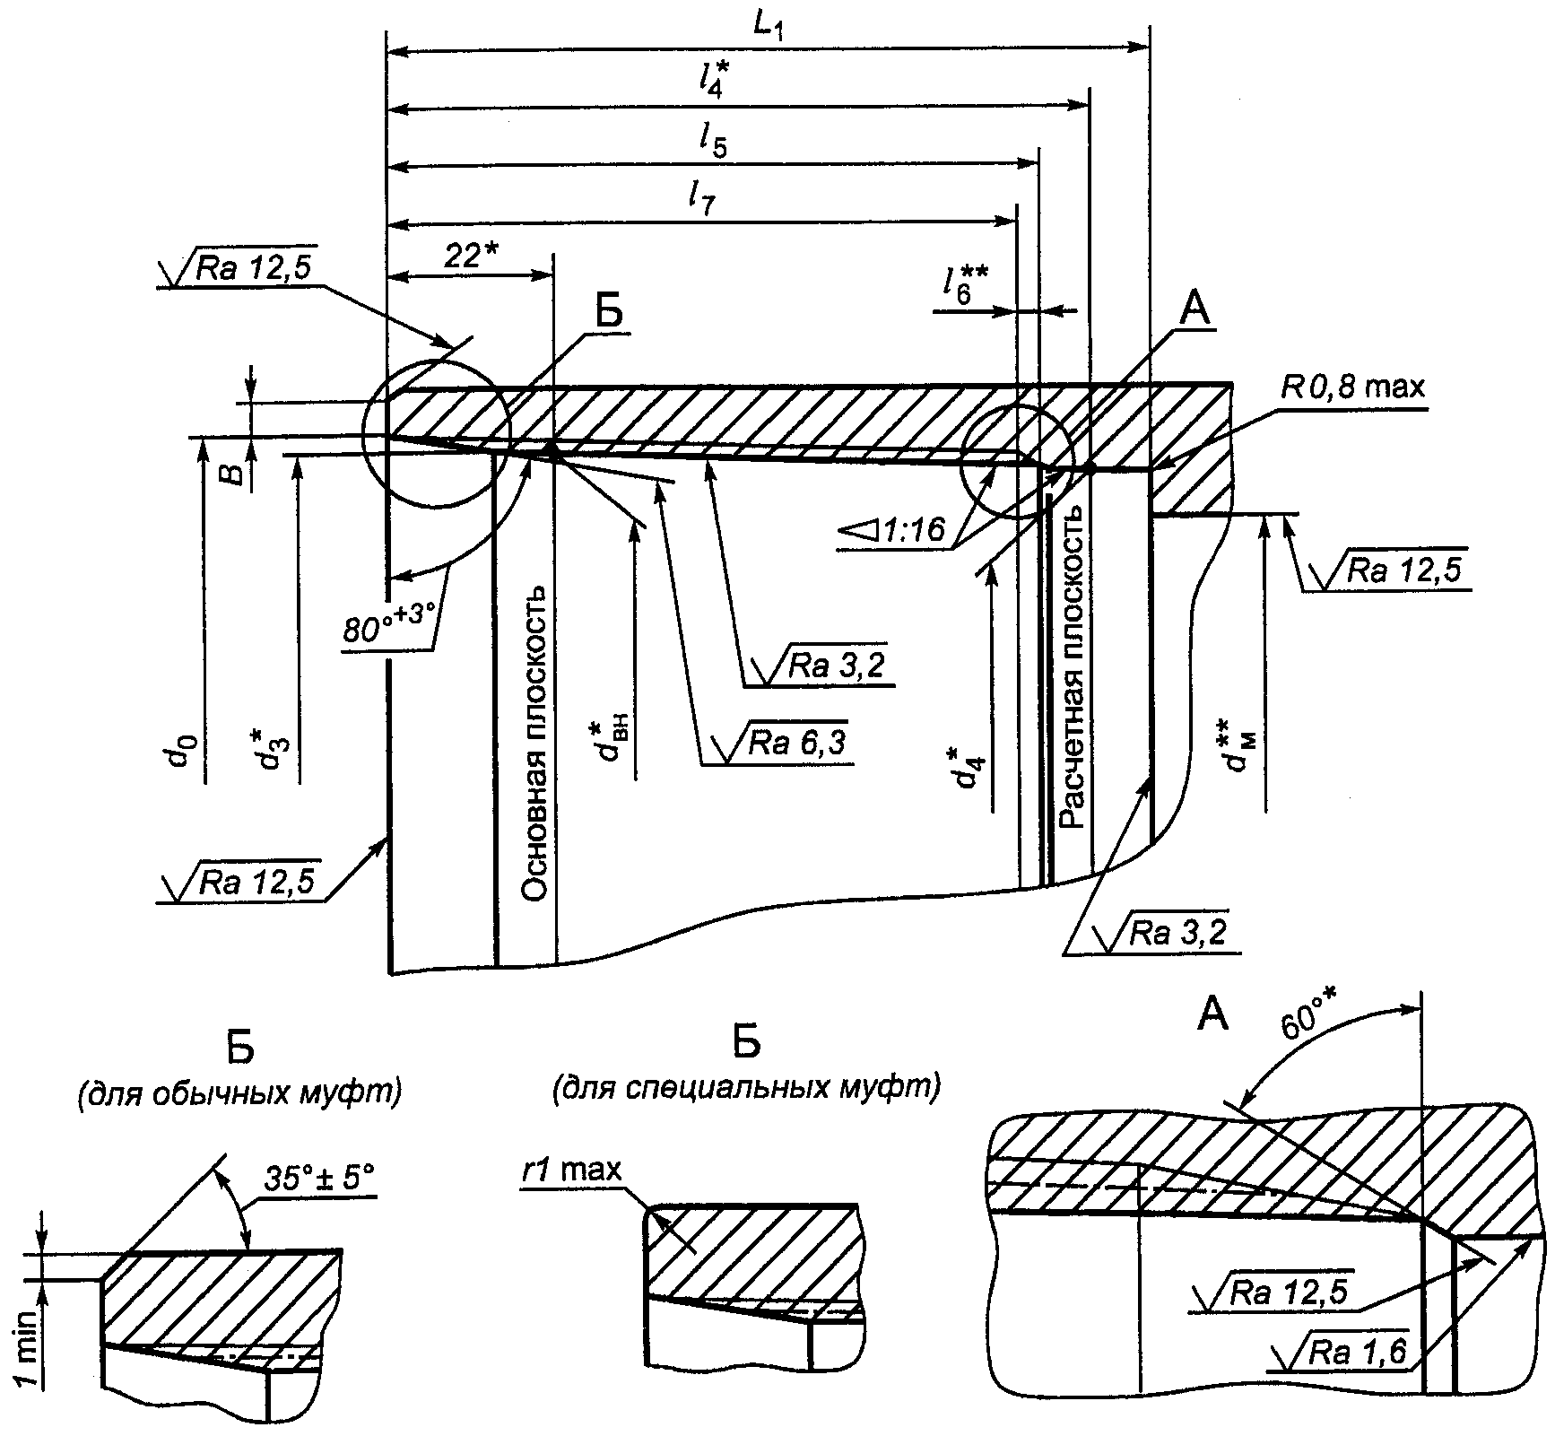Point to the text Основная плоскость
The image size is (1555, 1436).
point(535,744)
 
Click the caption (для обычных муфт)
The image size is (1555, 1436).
point(240,1093)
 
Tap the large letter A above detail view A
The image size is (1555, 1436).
point(1215,1014)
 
